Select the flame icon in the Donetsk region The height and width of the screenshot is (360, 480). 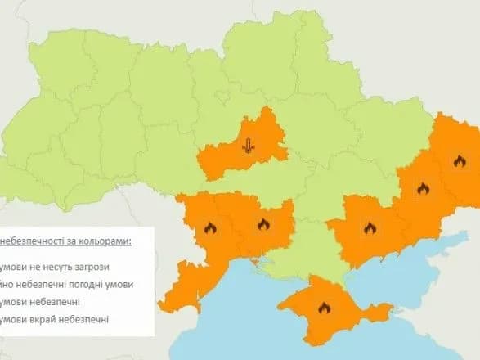pos(423,188)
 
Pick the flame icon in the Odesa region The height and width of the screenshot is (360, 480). pos(210,228)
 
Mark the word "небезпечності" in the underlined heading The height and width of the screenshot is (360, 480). pos(31,243)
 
